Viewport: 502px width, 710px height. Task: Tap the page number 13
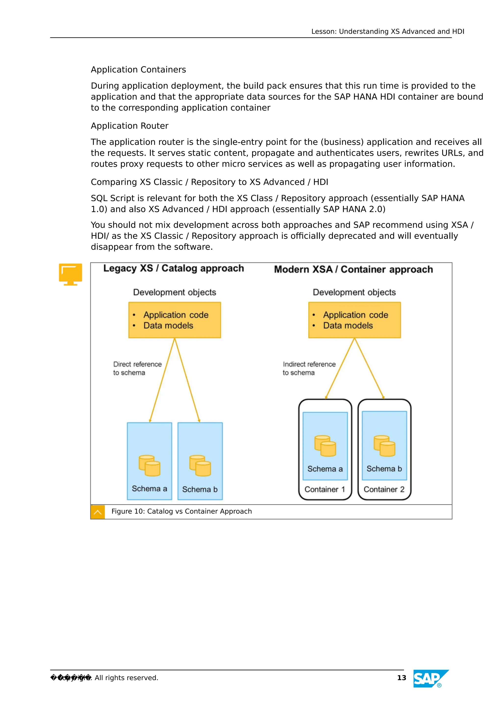coord(401,678)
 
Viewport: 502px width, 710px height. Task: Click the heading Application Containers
coord(138,70)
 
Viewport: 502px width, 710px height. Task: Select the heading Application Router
coord(130,126)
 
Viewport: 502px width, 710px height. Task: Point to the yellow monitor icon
coord(71,274)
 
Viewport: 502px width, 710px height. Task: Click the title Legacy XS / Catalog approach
coord(174,268)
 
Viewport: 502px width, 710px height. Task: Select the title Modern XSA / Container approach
coord(353,269)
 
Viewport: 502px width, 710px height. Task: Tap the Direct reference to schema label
coord(137,368)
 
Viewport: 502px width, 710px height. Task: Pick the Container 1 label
coord(325,489)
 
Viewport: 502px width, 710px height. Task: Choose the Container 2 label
coord(384,489)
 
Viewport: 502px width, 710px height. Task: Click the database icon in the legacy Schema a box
coord(149,465)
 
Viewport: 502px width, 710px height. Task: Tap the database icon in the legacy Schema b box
coord(200,465)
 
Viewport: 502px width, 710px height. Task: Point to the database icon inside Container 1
coord(325,446)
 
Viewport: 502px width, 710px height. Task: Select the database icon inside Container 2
coord(384,446)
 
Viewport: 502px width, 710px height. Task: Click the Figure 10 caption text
coord(182,511)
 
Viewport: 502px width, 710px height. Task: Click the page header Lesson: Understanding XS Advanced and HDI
coord(388,32)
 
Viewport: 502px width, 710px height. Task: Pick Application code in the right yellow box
coord(355,315)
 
